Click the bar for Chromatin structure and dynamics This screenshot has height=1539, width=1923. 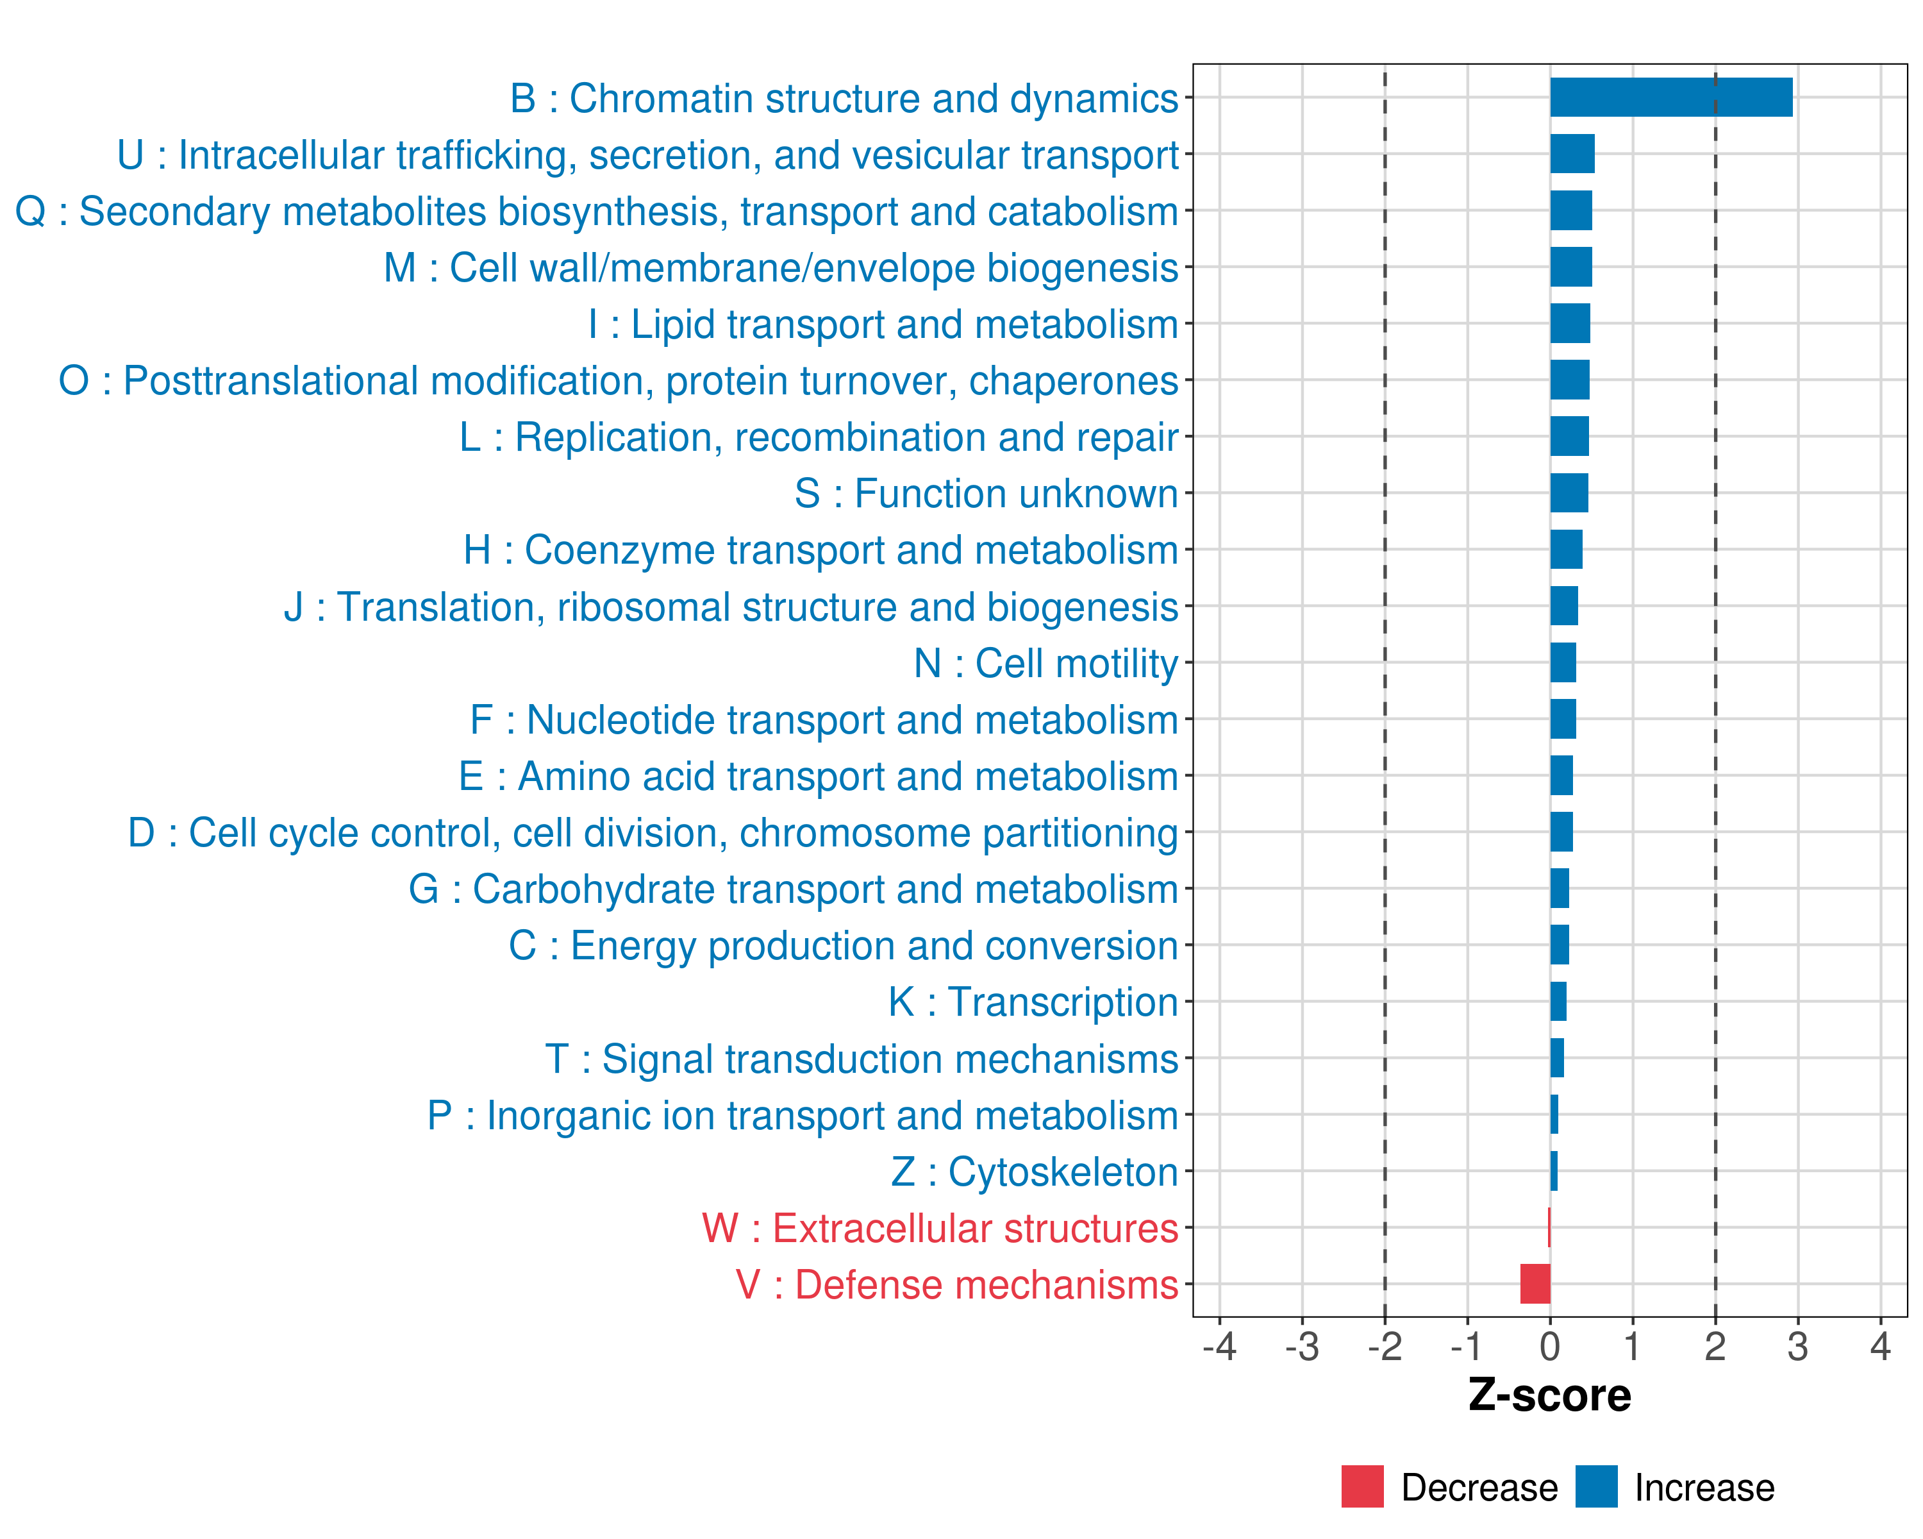click(x=1670, y=97)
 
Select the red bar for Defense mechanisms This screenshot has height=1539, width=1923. click(x=1535, y=1284)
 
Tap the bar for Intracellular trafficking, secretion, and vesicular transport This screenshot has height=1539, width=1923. click(x=1572, y=155)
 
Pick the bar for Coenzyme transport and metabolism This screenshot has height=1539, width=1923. click(x=1566, y=550)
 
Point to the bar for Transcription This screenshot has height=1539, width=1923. click(x=1558, y=1001)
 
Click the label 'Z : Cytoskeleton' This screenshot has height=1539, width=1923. click(x=1035, y=1172)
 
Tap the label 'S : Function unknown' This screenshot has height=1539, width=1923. click(x=986, y=493)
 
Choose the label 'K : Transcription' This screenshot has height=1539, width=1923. click(x=1033, y=1002)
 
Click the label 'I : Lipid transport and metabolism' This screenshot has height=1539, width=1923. click(x=883, y=324)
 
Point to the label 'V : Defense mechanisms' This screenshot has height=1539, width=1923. click(x=957, y=1284)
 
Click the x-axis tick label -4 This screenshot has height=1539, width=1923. click(x=1219, y=1346)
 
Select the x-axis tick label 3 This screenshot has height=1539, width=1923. click(x=1798, y=1346)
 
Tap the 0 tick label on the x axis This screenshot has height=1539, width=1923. click(x=1550, y=1346)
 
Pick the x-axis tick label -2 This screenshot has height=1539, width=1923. click(x=1385, y=1346)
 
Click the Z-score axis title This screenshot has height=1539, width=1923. click(x=1550, y=1395)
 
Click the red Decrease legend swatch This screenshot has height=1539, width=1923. click(x=1362, y=1486)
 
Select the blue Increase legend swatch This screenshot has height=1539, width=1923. click(x=1597, y=1486)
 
